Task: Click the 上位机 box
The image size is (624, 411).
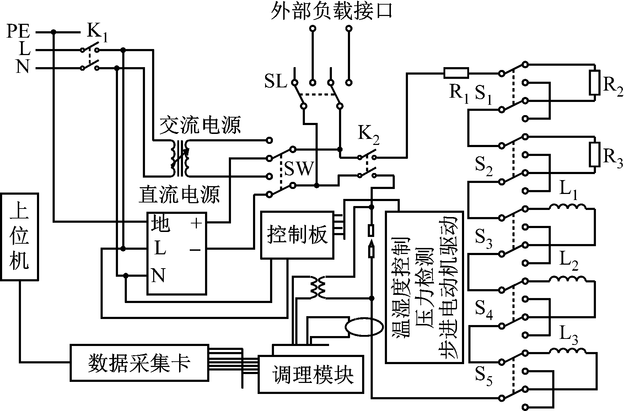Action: (19, 237)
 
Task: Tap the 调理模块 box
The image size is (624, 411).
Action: (311, 374)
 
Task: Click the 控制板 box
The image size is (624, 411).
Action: (297, 235)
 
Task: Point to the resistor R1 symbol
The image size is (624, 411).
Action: (456, 73)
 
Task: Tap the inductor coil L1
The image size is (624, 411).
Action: (567, 207)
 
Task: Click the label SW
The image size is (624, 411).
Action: (298, 169)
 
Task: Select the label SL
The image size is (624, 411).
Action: (275, 82)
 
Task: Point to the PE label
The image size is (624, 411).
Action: (18, 32)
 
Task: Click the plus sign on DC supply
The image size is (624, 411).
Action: (196, 223)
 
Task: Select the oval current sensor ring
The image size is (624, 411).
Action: (364, 326)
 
